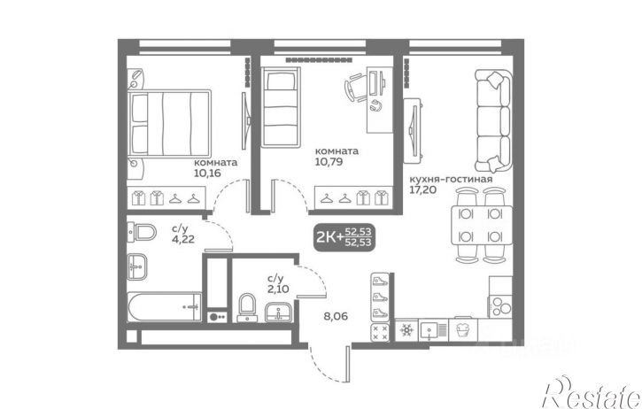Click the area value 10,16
pyautogui.click(x=207, y=173)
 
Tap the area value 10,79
pyautogui.click(x=329, y=162)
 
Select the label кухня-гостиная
pyautogui.click(x=451, y=179)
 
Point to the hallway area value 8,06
pyautogui.click(x=336, y=316)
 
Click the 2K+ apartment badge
pyautogui.click(x=344, y=237)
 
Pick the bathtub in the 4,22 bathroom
pyautogui.click(x=164, y=306)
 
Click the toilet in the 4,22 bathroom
pyautogui.click(x=142, y=233)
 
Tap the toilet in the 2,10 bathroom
pyautogui.click(x=246, y=307)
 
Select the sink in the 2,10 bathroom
pyautogui.click(x=278, y=313)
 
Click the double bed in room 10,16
pyautogui.click(x=169, y=123)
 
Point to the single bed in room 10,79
pyautogui.click(x=282, y=106)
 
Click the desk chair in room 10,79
pyautogui.click(x=354, y=88)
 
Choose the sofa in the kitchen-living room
pyautogui.click(x=493, y=120)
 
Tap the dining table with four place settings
pyautogui.click(x=482, y=225)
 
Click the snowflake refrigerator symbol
pyautogui.click(x=406, y=330)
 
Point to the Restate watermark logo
pyautogui.click(x=592, y=392)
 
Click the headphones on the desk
pyautogui.click(x=375, y=105)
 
